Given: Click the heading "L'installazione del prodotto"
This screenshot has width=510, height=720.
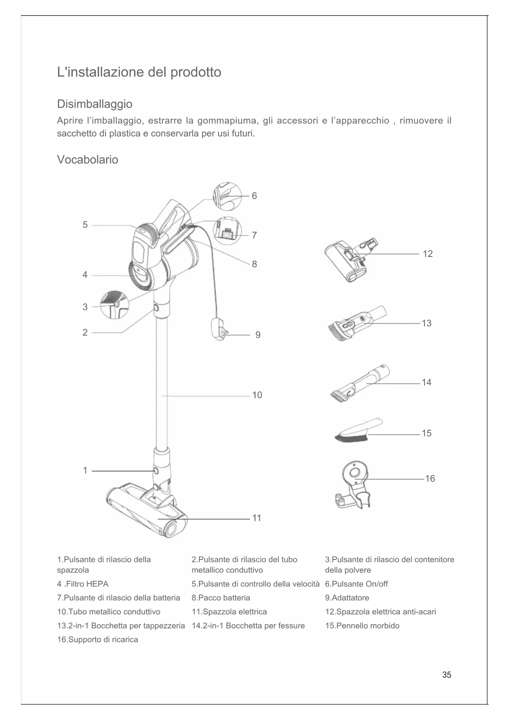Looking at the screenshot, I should [139, 72].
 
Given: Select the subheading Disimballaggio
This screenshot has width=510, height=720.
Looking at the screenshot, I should [95, 104].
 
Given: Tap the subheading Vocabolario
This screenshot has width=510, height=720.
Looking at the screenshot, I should [88, 160].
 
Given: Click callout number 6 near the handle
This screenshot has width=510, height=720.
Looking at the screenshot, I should [254, 196].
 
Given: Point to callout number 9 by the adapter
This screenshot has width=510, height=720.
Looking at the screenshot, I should [258, 335].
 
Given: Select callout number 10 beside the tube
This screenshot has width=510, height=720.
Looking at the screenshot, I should [257, 395].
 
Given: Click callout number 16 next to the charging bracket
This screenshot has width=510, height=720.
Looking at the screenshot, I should [429, 479].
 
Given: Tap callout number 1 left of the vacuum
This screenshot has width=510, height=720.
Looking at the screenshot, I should [85, 470].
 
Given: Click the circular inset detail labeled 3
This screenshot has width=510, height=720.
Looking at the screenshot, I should [115, 304].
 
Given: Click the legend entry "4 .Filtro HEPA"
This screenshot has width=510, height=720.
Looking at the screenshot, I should [83, 584].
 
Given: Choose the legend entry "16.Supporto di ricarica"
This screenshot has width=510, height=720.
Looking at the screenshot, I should [97, 640].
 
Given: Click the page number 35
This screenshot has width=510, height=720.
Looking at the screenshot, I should [447, 675].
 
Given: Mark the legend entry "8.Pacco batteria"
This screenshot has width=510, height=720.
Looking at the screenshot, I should [221, 598].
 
